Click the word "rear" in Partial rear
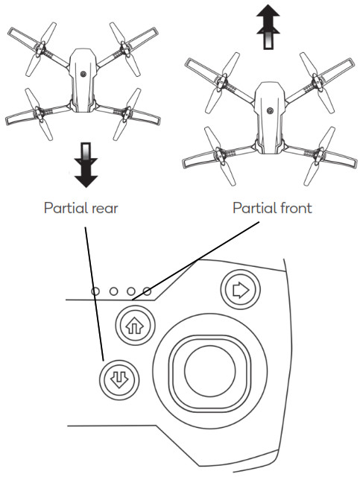point(104,208)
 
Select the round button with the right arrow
point(239,289)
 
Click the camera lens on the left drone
point(83,75)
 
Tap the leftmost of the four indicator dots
point(95,291)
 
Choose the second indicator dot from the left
point(112,291)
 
